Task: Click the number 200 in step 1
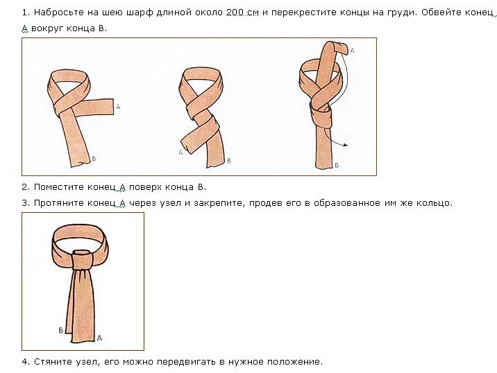click(x=235, y=12)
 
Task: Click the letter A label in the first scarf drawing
click(x=118, y=107)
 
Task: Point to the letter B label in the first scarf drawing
click(x=94, y=159)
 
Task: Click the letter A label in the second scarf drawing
click(x=180, y=153)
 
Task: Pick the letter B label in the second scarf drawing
click(x=229, y=161)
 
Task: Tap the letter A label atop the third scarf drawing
click(x=352, y=51)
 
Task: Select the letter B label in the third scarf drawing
click(x=337, y=165)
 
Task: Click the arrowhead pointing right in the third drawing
click(x=346, y=145)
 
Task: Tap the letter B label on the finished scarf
click(x=61, y=330)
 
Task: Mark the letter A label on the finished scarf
click(x=99, y=338)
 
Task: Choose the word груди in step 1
click(x=401, y=13)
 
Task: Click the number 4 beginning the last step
click(x=24, y=362)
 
